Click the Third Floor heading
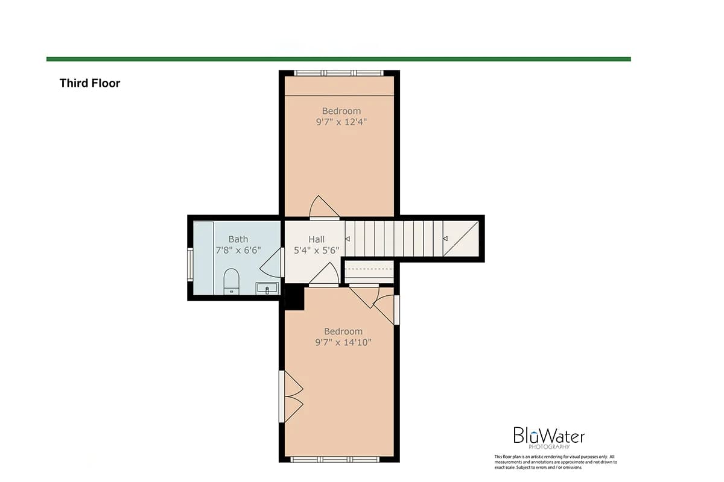[90, 83]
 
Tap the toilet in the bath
[232, 281]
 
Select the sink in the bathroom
[267, 288]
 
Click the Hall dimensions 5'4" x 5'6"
[316, 251]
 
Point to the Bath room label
[238, 239]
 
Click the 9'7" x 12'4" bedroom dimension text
[341, 122]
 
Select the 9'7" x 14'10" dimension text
[343, 342]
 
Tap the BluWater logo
[549, 438]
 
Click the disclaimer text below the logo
[556, 462]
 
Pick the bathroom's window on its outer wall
[190, 264]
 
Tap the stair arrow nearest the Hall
[348, 239]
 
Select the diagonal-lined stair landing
[461, 239]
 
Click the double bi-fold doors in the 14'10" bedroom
[291, 396]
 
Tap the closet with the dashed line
[369, 273]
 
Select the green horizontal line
[338, 59]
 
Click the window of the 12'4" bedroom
[338, 74]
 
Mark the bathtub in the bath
[204, 258]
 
